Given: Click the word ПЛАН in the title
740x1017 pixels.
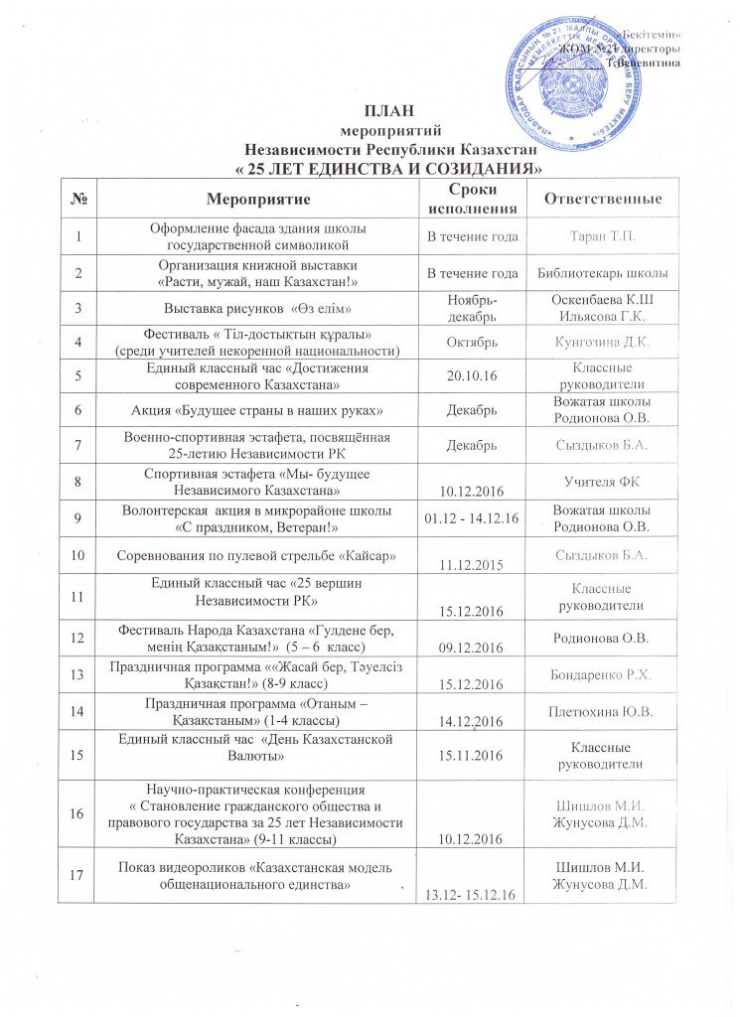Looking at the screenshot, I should point(388,109).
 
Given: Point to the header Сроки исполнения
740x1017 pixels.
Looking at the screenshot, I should point(471,200).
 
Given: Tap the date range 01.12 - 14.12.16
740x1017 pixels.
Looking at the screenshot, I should point(471,519).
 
